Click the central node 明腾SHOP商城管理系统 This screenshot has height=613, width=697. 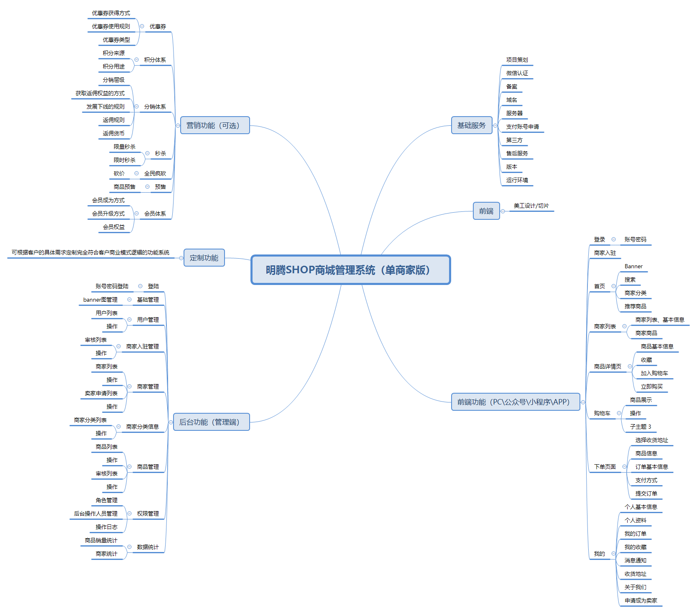[x=350, y=270]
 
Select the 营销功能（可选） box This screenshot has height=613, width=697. [x=215, y=125]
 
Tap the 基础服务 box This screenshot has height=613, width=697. [x=471, y=125]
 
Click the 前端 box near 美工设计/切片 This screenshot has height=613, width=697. [x=486, y=211]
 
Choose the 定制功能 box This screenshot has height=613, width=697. [x=204, y=258]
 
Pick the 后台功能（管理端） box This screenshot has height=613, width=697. [x=211, y=422]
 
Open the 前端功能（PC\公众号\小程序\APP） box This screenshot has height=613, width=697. [x=516, y=402]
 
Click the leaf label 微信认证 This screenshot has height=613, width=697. [x=517, y=73]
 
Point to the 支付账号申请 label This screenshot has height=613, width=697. [x=522, y=127]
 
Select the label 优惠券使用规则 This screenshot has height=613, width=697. [x=111, y=26]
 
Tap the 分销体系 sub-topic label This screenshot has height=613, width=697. [x=155, y=107]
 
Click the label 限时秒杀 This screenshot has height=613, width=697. [x=125, y=160]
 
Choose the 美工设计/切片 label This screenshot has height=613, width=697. [x=531, y=206]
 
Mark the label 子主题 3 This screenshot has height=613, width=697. [x=641, y=427]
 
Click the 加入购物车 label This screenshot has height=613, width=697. [x=654, y=373]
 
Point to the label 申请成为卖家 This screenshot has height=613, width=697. [x=641, y=600]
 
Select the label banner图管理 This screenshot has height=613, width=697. [x=100, y=300]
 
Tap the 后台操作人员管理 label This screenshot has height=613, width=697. [x=96, y=514]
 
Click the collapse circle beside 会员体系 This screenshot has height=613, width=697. [x=137, y=214]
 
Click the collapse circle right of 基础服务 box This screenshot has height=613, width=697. [x=495, y=125]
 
